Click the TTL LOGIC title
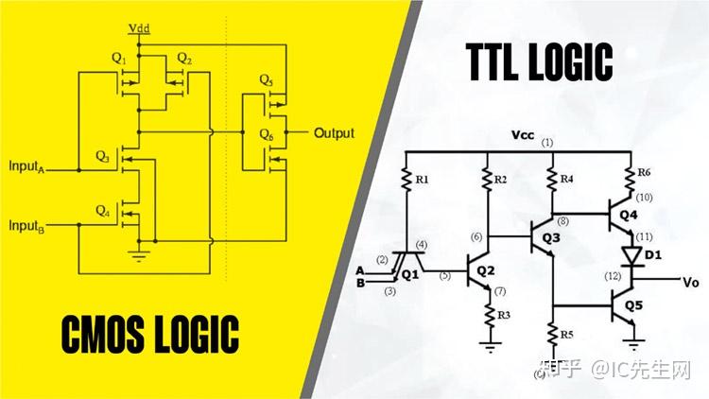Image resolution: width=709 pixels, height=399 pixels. click(x=541, y=62)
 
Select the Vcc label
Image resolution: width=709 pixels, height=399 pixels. click(x=524, y=134)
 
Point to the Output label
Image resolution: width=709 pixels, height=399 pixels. click(x=334, y=133)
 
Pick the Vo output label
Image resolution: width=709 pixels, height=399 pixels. click(x=691, y=281)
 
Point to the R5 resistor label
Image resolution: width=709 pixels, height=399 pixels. click(x=565, y=334)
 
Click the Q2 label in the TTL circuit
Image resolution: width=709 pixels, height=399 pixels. click(x=485, y=271)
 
